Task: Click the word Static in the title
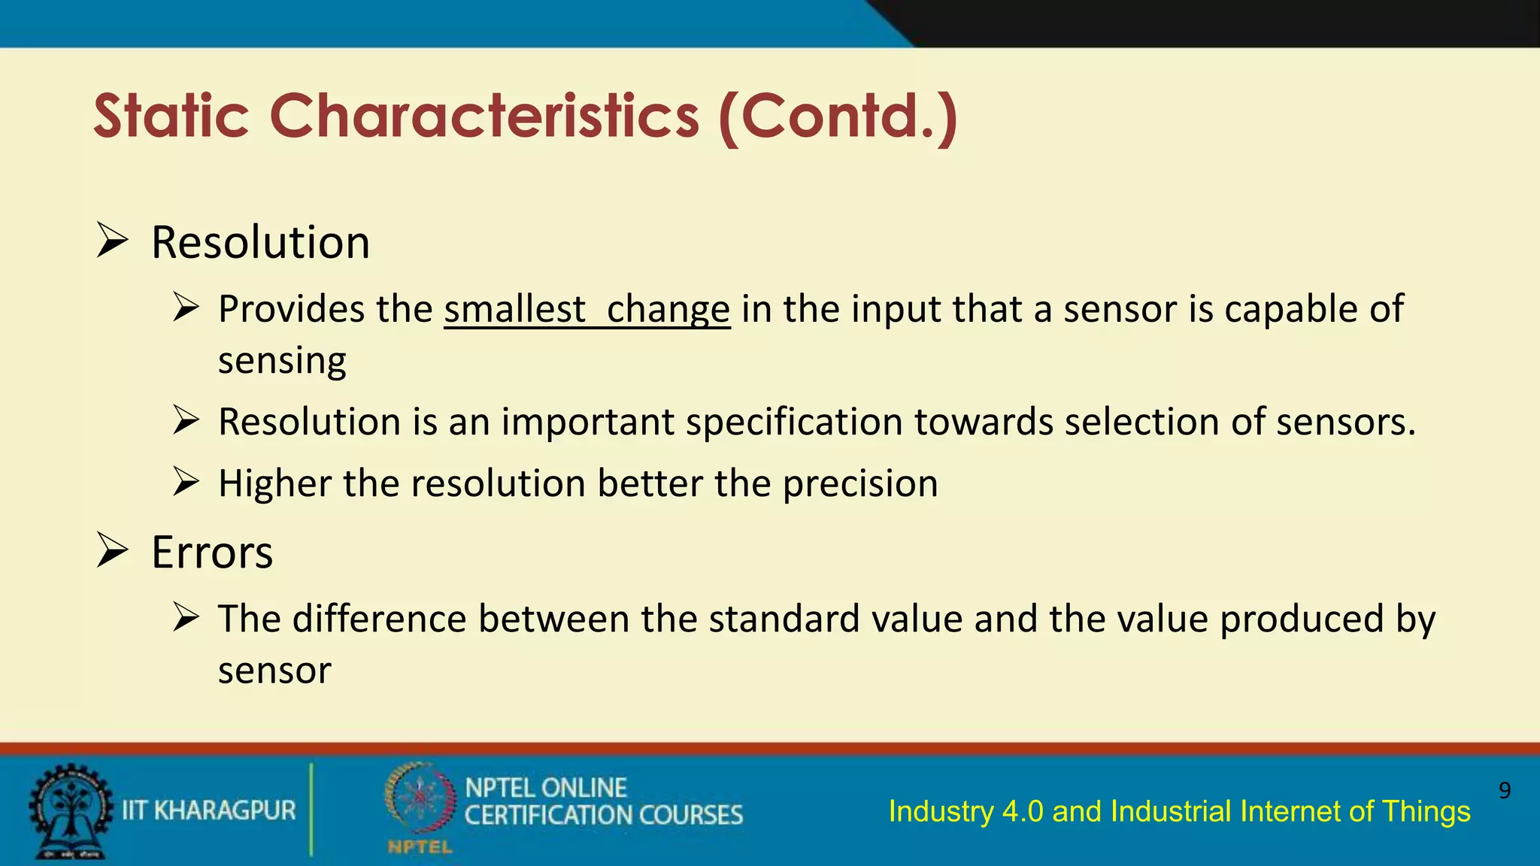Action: click(x=171, y=117)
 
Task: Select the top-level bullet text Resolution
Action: click(x=260, y=243)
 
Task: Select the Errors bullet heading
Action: click(x=212, y=553)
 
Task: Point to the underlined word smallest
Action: click(x=514, y=310)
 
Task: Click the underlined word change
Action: click(x=668, y=310)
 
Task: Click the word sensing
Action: click(x=282, y=361)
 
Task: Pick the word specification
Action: click(x=793, y=422)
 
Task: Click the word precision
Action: click(x=860, y=483)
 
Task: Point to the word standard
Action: click(x=782, y=619)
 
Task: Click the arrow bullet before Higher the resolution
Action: click(x=186, y=482)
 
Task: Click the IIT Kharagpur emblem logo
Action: click(x=69, y=810)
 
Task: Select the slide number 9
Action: click(x=1504, y=790)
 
